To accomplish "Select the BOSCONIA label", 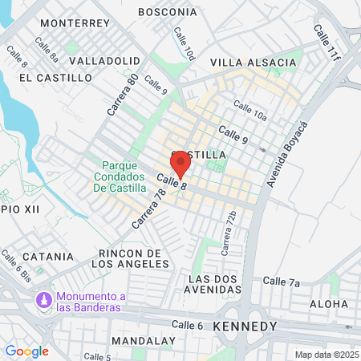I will [168, 12].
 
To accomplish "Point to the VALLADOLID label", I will [105, 60].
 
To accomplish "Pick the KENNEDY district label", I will [245, 327].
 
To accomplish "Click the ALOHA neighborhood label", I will [330, 305].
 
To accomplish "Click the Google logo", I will [26, 351].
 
